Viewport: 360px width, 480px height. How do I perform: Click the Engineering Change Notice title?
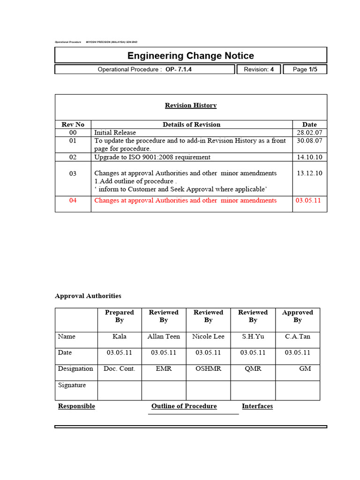click(191, 56)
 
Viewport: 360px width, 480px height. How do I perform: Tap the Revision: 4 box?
click(259, 69)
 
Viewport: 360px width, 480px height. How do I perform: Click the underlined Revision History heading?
click(191, 105)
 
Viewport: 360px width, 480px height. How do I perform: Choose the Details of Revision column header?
click(191, 125)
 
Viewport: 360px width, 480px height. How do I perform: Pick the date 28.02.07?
click(309, 133)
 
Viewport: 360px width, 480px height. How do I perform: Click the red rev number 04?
click(73, 200)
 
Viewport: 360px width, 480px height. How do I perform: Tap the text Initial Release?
click(115, 133)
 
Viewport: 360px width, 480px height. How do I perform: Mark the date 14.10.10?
click(309, 157)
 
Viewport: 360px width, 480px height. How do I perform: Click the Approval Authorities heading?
click(88, 296)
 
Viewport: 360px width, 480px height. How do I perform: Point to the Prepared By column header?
click(120, 316)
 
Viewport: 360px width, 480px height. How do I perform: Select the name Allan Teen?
click(164, 337)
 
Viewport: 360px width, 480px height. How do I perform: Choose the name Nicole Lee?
click(208, 337)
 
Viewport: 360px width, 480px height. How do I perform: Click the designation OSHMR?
click(208, 369)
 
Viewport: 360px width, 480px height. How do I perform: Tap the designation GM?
click(305, 369)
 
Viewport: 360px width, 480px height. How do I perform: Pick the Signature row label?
click(72, 385)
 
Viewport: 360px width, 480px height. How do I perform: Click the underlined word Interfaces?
click(257, 406)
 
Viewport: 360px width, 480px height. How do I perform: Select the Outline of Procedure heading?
click(184, 406)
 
